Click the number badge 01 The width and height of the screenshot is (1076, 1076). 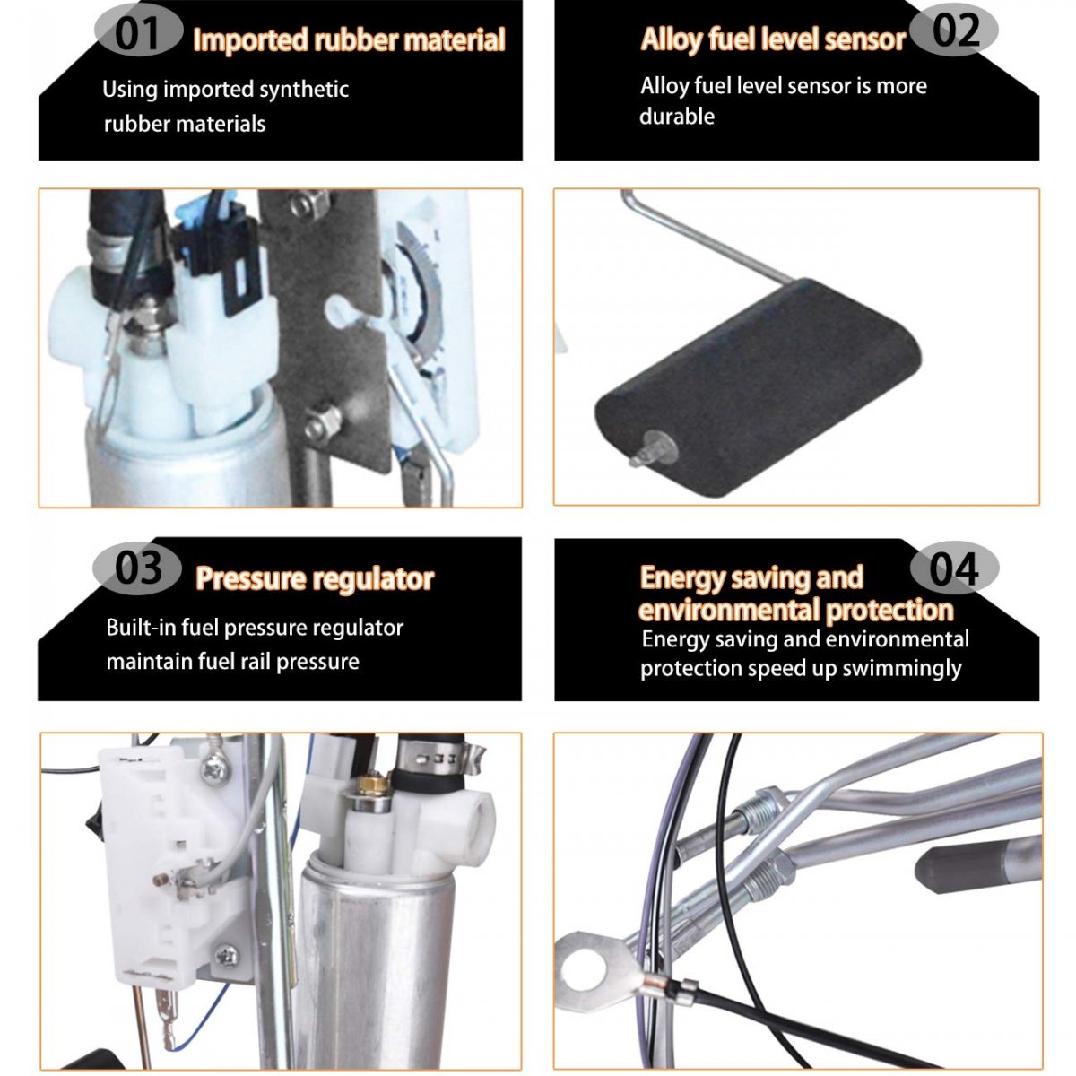[x=138, y=31]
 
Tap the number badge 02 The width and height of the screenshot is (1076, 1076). [x=954, y=30]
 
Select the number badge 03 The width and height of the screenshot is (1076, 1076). [x=137, y=569]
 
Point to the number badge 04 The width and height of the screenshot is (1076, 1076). [x=954, y=569]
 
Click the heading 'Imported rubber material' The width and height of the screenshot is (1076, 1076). [x=349, y=40]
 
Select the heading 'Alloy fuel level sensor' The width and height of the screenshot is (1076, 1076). [x=773, y=39]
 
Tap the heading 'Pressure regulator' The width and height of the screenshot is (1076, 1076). [x=315, y=579]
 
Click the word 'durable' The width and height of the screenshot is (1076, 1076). [x=677, y=117]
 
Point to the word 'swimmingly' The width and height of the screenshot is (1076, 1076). [x=902, y=668]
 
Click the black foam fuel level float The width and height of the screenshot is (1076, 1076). [x=757, y=387]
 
